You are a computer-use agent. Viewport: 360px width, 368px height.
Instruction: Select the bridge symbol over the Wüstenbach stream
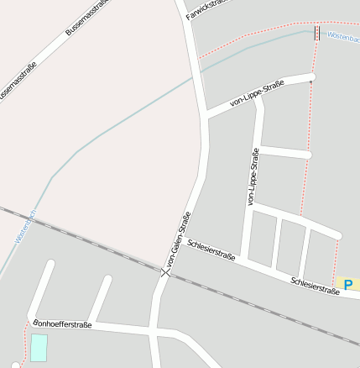pos(316,32)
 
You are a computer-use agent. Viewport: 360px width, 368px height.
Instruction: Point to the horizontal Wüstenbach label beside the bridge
pos(342,37)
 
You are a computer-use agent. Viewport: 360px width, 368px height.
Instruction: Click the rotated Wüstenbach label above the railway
pos(26,227)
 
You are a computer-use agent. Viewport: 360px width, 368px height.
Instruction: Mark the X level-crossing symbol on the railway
pos(164,271)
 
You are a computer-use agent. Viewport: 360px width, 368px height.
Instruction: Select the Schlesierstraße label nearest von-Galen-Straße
pos(211,251)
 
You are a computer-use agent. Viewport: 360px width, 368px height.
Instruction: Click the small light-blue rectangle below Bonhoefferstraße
pos(39,347)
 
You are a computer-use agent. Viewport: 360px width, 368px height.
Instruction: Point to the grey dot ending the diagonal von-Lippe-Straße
pos(310,81)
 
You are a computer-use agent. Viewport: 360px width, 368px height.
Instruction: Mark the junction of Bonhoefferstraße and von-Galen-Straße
pos(154,329)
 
